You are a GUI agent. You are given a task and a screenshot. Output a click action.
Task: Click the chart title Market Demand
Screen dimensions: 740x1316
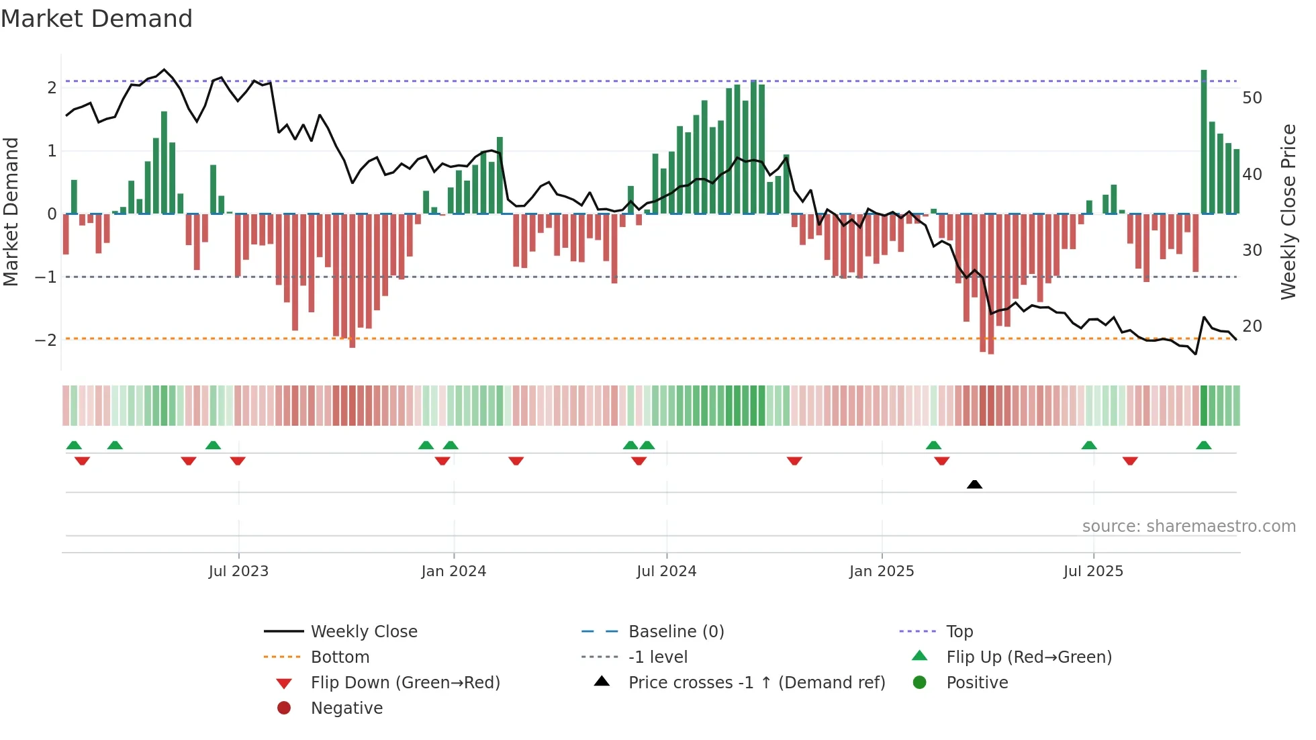click(x=97, y=19)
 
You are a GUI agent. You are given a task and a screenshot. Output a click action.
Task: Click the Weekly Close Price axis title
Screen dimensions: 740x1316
click(x=1288, y=212)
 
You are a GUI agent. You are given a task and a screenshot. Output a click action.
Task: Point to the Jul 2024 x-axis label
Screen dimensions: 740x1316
click(x=666, y=571)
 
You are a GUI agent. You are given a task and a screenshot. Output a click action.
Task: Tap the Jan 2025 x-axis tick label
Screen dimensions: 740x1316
click(x=881, y=571)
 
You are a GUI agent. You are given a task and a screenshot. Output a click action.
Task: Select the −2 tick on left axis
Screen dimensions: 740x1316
click(x=46, y=340)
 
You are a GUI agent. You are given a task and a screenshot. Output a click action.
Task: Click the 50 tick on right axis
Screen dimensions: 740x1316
click(x=1252, y=98)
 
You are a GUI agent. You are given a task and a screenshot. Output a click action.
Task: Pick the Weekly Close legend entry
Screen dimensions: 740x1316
click(x=363, y=631)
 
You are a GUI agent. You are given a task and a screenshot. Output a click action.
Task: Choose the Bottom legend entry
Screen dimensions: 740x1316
click(x=340, y=657)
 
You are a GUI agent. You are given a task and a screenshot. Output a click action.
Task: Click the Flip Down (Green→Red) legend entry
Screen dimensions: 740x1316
click(x=405, y=682)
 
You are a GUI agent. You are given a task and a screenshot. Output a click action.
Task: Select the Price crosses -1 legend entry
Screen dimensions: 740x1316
click(x=756, y=682)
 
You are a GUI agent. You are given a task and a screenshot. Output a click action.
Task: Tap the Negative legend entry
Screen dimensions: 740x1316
click(x=346, y=708)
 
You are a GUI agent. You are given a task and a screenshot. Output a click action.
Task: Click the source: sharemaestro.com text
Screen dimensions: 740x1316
click(x=1188, y=526)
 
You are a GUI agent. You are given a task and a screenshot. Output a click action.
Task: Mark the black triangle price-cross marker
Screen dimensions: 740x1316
click(x=974, y=484)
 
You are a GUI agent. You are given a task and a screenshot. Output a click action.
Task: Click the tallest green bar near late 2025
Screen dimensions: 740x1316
click(x=1204, y=141)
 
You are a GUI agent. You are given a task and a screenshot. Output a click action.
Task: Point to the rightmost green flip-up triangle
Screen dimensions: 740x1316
click(x=1204, y=445)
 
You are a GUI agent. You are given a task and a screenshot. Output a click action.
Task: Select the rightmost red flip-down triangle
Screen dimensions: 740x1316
click(x=1130, y=461)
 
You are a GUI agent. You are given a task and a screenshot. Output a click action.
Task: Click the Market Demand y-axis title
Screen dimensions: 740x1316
click(x=11, y=212)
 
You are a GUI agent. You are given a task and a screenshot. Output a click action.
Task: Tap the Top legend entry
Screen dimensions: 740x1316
click(x=959, y=631)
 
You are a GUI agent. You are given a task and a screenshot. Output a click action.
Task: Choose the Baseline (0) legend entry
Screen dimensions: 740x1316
click(x=675, y=631)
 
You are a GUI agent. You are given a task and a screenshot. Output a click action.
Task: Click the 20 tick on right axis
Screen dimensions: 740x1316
click(x=1252, y=326)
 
